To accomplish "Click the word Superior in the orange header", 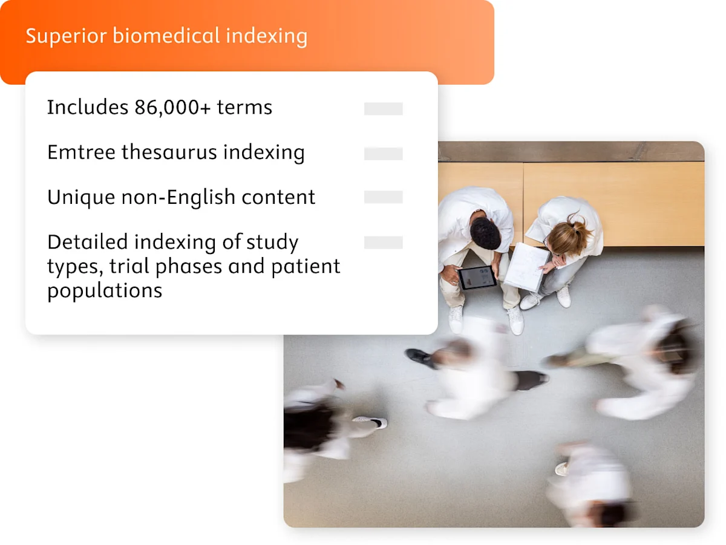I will coord(66,36).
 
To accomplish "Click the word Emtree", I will coord(81,152).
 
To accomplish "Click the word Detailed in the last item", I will coord(88,242).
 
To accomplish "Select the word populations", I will coord(105,290).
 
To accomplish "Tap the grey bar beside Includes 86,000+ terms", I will coord(383,109).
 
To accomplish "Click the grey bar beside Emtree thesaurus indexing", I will coord(383,154).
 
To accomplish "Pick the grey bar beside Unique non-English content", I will coord(383,197).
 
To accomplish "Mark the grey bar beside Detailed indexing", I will coord(383,243).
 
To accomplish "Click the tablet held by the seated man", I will coord(477,278).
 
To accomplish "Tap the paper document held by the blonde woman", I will coord(526,267).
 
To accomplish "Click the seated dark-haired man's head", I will coord(486,233).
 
